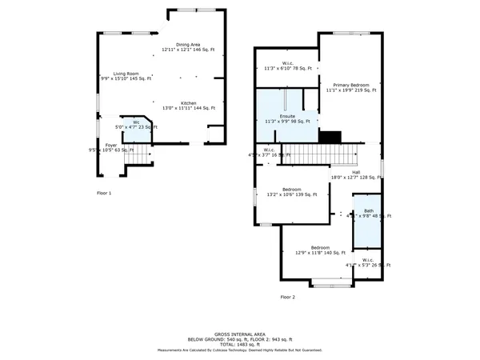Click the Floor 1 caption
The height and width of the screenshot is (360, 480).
[104, 193]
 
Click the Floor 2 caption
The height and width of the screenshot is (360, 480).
[287, 297]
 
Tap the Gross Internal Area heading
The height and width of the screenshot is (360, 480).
[240, 334]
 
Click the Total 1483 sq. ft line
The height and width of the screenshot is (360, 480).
[240, 344]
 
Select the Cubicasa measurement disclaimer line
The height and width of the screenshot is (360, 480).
[240, 350]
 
